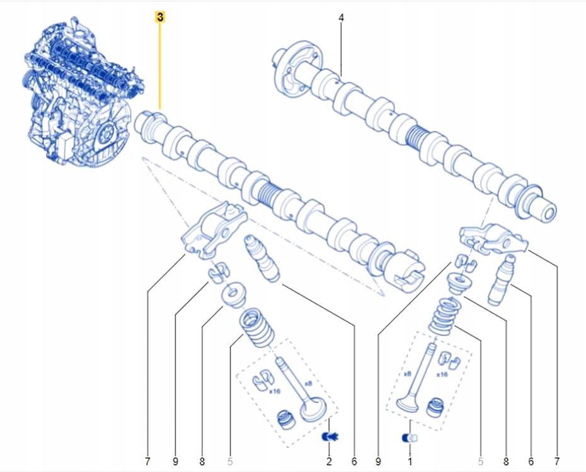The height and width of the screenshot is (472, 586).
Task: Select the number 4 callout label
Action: [341, 18]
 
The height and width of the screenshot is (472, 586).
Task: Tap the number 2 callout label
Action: [328, 462]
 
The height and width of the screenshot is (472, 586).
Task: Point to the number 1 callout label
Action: [410, 462]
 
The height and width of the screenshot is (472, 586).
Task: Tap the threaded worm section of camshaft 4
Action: [418, 137]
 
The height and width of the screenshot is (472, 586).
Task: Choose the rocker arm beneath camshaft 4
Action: [491, 239]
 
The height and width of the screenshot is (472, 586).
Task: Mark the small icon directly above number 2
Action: [328, 435]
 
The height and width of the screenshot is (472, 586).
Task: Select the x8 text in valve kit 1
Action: [407, 373]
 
